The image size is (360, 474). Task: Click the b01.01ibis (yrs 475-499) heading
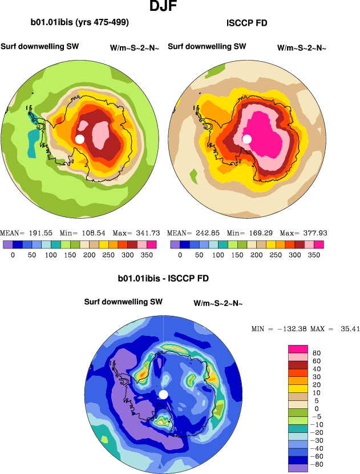79,23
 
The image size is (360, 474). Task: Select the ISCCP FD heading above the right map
247,23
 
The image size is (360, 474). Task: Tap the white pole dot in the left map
80,139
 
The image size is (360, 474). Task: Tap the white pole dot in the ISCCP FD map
247,139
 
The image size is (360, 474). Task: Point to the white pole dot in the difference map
164,395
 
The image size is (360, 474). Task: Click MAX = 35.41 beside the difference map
335,330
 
